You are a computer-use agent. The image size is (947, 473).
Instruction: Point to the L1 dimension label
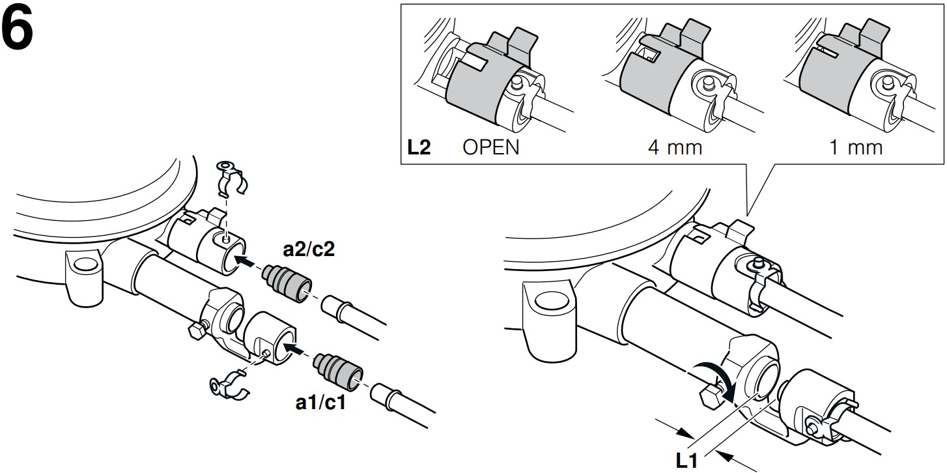[x=688, y=461]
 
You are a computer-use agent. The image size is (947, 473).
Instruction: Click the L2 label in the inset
[x=419, y=147]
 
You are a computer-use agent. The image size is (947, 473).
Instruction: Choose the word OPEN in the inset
[x=491, y=147]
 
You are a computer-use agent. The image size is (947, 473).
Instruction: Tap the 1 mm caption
[x=855, y=147]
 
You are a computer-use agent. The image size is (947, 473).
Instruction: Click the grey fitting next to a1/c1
[x=337, y=369]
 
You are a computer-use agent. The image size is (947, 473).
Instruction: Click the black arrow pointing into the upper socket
[x=246, y=260]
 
